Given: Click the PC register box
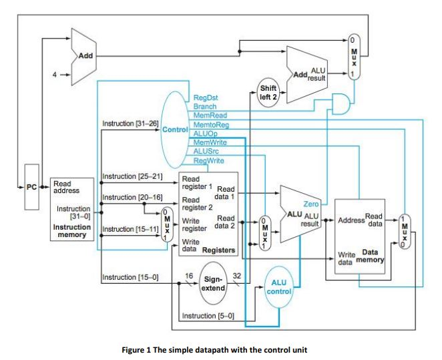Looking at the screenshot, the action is coord(31,187).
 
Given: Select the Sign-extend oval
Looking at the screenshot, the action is coord(213,283).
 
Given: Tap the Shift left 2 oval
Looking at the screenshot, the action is coord(268,93).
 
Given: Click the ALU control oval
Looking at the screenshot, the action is coord(279,287).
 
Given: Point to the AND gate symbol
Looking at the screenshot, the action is coord(341,104).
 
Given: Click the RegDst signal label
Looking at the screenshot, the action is coord(206,98).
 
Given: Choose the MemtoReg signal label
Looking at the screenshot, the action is coord(211,125).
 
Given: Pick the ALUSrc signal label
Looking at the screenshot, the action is coord(206,152).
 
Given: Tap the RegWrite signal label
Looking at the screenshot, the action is coord(208,161).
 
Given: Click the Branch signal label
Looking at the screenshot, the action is coord(205,107).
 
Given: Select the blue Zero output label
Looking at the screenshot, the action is coord(310,204).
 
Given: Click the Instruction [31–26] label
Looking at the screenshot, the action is coord(130,124).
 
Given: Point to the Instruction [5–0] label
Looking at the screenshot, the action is coord(208,316).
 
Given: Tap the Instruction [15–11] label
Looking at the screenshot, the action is coord(130,229).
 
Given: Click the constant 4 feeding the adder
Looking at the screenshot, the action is coord(55,75).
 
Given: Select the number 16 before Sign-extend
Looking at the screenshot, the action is coord(189,276).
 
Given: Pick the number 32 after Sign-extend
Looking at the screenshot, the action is coord(237,276).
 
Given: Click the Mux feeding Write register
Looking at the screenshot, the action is coord(167,224).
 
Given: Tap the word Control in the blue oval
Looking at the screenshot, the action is coord(175,130).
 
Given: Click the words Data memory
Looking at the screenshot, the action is coord(370,256).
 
